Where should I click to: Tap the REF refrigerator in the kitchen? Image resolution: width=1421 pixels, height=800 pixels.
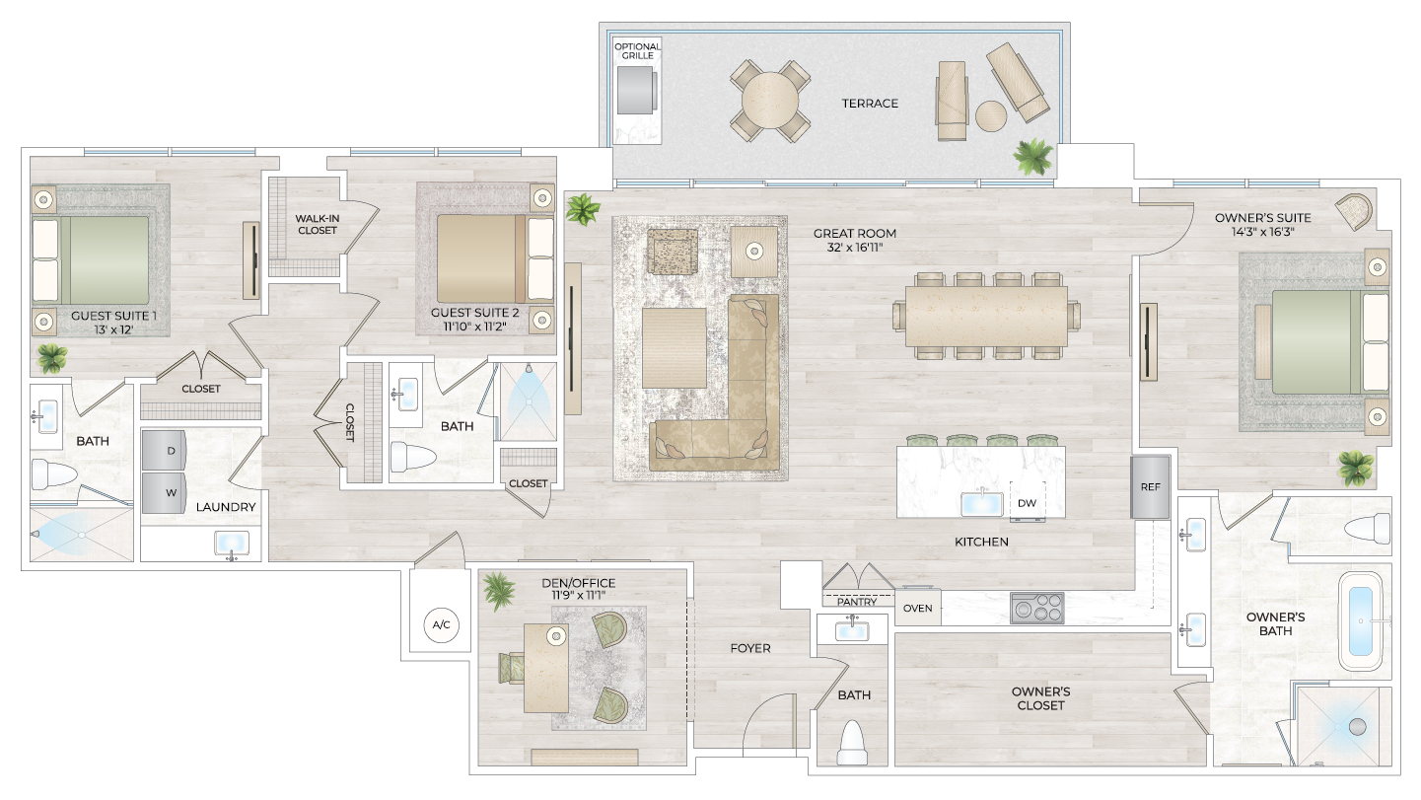1150,486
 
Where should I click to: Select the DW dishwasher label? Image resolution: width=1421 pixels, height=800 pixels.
1027,502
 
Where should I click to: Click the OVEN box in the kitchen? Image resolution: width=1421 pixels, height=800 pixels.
917,608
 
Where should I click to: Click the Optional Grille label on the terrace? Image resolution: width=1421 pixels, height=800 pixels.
637,51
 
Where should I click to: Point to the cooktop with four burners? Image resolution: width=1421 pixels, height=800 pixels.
1036,608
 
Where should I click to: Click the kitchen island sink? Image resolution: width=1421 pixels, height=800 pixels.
982,502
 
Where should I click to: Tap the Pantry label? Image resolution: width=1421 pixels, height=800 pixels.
856,601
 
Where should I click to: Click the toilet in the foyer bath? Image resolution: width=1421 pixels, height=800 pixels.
851,744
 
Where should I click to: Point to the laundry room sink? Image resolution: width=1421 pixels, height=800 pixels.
232,545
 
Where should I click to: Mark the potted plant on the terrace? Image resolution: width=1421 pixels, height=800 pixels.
1032,156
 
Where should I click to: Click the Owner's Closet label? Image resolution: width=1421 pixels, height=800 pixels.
1040,698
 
